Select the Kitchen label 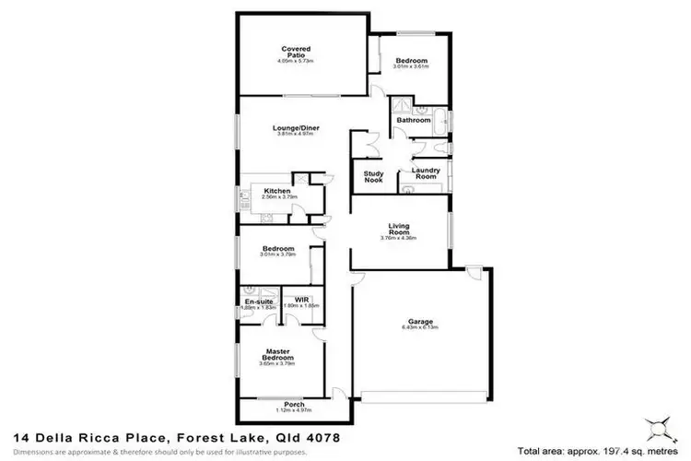click(277, 191)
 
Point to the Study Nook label click(373, 176)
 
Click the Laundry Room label click(425, 172)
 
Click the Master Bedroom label click(277, 353)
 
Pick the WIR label click(299, 301)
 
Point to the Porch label click(296, 404)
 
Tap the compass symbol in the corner click(658, 428)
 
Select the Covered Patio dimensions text click(295, 61)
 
